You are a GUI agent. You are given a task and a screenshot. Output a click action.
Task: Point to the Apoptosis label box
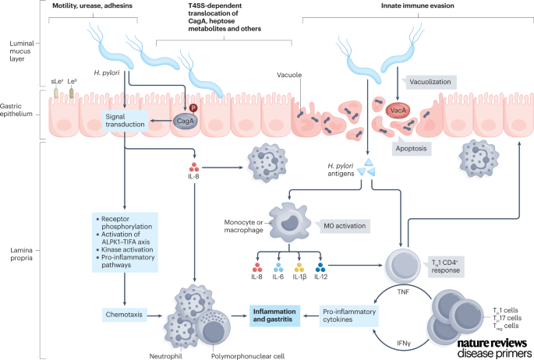point(429,146)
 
